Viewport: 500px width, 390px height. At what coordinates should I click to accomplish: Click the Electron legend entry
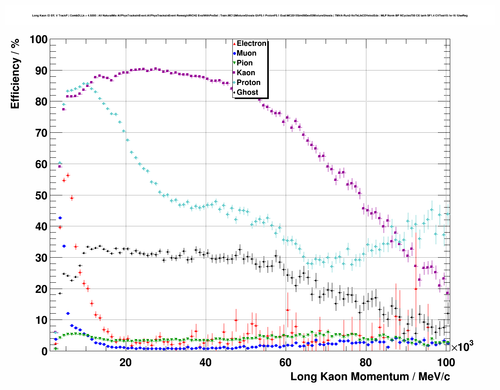pyautogui.click(x=251, y=43)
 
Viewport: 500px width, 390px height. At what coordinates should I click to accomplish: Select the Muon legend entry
pyautogui.click(x=246, y=53)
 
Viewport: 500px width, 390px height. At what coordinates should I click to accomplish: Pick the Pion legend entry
pyautogui.click(x=245, y=63)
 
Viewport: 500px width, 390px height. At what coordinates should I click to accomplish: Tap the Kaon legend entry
pyautogui.click(x=246, y=73)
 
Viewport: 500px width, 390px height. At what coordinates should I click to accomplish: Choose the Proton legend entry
pyautogui.click(x=248, y=83)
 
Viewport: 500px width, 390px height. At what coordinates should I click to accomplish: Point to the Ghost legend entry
pyautogui.click(x=247, y=92)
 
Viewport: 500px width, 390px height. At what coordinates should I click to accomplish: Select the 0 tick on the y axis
pyautogui.click(x=44, y=351)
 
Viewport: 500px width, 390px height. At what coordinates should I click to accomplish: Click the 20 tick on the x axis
pyautogui.click(x=125, y=363)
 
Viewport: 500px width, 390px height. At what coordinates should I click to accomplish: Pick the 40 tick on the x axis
pyautogui.click(x=205, y=363)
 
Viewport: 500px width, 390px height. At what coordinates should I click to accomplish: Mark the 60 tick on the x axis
pyautogui.click(x=285, y=363)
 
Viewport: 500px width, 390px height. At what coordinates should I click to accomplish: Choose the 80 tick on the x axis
pyautogui.click(x=365, y=363)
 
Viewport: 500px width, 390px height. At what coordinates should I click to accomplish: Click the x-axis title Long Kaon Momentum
pyautogui.click(x=370, y=377)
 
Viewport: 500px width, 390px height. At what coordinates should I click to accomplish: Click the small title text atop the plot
pyautogui.click(x=250, y=16)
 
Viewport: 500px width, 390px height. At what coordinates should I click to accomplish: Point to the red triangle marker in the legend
pyautogui.click(x=234, y=43)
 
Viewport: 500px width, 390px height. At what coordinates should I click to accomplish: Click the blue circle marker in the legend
pyautogui.click(x=234, y=53)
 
